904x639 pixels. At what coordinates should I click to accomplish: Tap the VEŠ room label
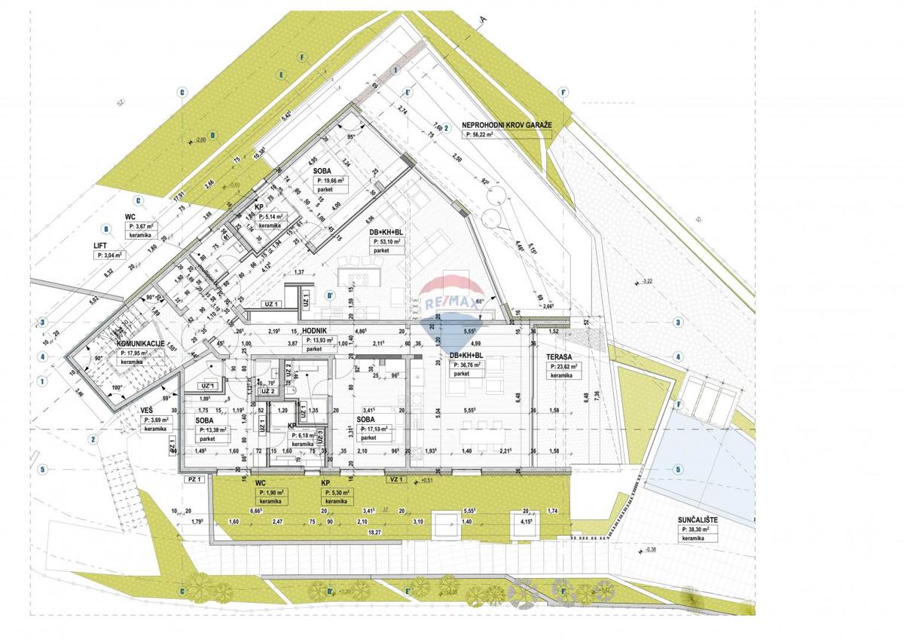[x=147, y=410]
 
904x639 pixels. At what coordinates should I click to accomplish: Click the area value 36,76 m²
[x=466, y=364]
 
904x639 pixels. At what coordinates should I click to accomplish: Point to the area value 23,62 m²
[x=563, y=366]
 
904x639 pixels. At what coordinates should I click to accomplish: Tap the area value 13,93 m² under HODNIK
[x=325, y=340]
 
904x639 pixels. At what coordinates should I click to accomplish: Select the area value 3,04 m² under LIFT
[x=113, y=255]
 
